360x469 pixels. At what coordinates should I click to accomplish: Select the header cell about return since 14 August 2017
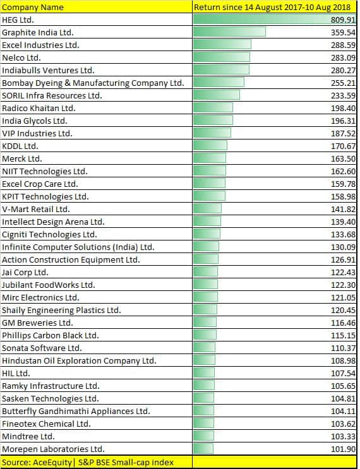click(273, 7)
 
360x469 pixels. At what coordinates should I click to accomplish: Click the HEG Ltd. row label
click(19, 20)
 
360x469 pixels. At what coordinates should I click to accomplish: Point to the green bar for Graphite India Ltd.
click(229, 32)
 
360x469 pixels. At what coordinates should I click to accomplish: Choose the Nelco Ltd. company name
click(21, 57)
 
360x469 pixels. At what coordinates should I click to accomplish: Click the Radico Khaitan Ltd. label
click(39, 108)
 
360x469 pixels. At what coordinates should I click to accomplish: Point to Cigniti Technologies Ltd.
click(49, 234)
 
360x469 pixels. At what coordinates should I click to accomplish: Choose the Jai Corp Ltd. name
click(25, 272)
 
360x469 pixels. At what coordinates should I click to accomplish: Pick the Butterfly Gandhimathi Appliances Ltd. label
click(76, 411)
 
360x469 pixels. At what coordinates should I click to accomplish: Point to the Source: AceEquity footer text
click(88, 462)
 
